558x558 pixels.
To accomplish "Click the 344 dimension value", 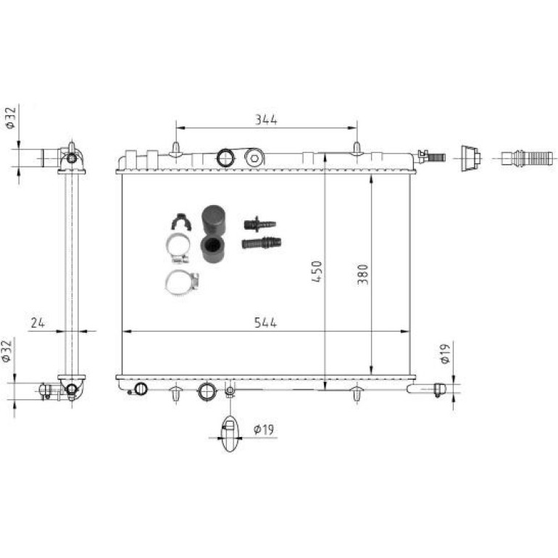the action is [x=266, y=120].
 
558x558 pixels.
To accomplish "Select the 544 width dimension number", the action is [x=265, y=322].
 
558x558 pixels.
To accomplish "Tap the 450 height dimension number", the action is [x=317, y=271].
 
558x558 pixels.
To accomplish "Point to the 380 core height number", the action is [x=362, y=275].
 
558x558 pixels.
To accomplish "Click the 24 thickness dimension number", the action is [x=38, y=322].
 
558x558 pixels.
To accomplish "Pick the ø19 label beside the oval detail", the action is [x=264, y=430].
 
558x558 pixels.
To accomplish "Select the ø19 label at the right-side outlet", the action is [x=445, y=353].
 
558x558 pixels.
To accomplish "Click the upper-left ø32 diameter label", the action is [x=11, y=117].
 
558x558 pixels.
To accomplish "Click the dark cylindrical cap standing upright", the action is [x=213, y=219].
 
